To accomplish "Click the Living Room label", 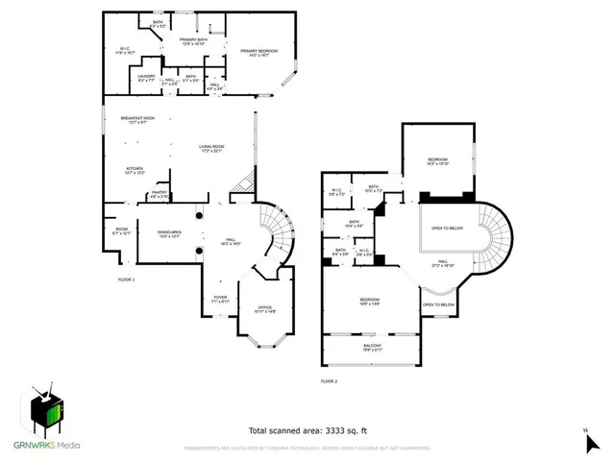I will pyautogui.click(x=210, y=147).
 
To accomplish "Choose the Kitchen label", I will pyautogui.click(x=135, y=168).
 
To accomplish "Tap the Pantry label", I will pyautogui.click(x=158, y=193).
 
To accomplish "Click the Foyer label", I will pyautogui.click(x=220, y=298).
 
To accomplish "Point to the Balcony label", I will pyautogui.click(x=372, y=346).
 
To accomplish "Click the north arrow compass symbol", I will pyautogui.click(x=590, y=441).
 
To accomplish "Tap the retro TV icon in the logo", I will pyautogui.click(x=45, y=409).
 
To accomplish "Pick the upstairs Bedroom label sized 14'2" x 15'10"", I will pyautogui.click(x=436, y=159).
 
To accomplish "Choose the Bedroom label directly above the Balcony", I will pyautogui.click(x=370, y=301).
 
